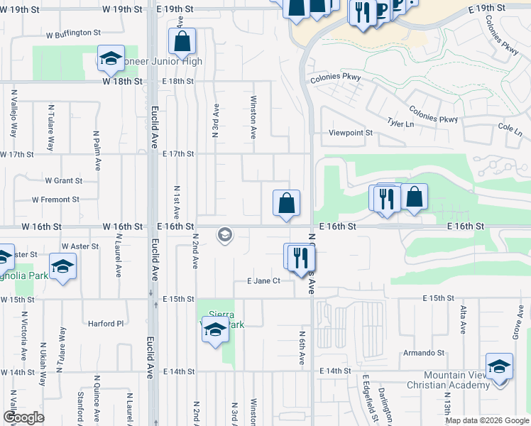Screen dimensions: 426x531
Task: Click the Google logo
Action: click(x=23, y=417)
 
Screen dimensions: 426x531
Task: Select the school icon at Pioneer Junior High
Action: click(x=111, y=60)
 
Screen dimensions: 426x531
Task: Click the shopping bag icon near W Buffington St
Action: click(x=182, y=43)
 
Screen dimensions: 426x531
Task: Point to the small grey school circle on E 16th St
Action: click(x=225, y=235)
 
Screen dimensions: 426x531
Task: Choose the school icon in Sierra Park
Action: click(x=215, y=329)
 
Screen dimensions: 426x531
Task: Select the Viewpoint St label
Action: click(x=350, y=133)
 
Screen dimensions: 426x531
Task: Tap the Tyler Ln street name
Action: click(x=400, y=124)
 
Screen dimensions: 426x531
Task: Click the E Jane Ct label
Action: click(x=264, y=281)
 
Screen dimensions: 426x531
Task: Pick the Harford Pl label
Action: click(x=106, y=324)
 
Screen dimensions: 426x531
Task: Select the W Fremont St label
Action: click(x=56, y=200)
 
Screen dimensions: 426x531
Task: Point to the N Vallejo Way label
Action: click(x=13, y=114)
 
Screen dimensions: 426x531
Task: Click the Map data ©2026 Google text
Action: click(x=486, y=420)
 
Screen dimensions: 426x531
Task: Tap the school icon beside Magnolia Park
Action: click(x=62, y=266)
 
